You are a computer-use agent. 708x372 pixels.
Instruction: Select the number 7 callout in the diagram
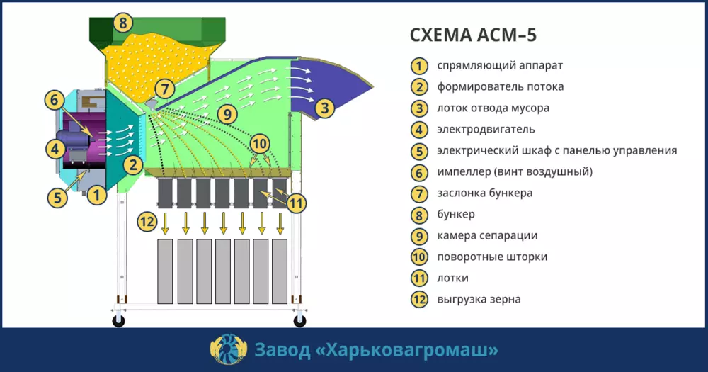(x=164, y=89)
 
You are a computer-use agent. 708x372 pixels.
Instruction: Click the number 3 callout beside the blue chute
(x=324, y=108)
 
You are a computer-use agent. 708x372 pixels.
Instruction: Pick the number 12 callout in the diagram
(x=147, y=222)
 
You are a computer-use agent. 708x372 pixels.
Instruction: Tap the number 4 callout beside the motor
(x=53, y=149)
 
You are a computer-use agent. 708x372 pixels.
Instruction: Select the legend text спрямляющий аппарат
(x=500, y=66)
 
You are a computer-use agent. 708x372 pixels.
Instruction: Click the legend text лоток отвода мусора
(x=493, y=108)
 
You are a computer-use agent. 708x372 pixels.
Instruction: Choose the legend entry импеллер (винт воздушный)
(x=515, y=172)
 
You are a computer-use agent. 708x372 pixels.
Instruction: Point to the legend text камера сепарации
(x=487, y=236)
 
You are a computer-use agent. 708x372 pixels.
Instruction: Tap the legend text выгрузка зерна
(x=479, y=300)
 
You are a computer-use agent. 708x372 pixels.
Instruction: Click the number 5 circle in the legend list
(x=419, y=151)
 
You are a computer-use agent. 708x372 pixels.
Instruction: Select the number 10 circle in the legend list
(x=419, y=257)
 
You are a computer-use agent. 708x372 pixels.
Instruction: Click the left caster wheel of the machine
(x=118, y=321)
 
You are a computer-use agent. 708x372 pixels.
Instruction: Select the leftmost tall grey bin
(x=166, y=270)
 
